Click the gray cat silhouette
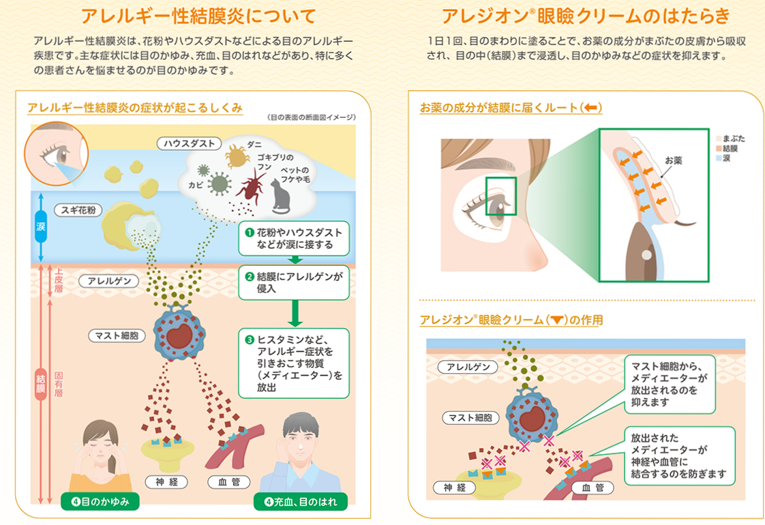[282, 196]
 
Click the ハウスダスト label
[190, 143]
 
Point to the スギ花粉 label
[76, 211]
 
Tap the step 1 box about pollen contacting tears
[295, 238]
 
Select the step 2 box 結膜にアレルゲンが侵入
[295, 282]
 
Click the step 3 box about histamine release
[294, 363]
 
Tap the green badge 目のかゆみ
[100, 502]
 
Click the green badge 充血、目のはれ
[300, 502]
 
